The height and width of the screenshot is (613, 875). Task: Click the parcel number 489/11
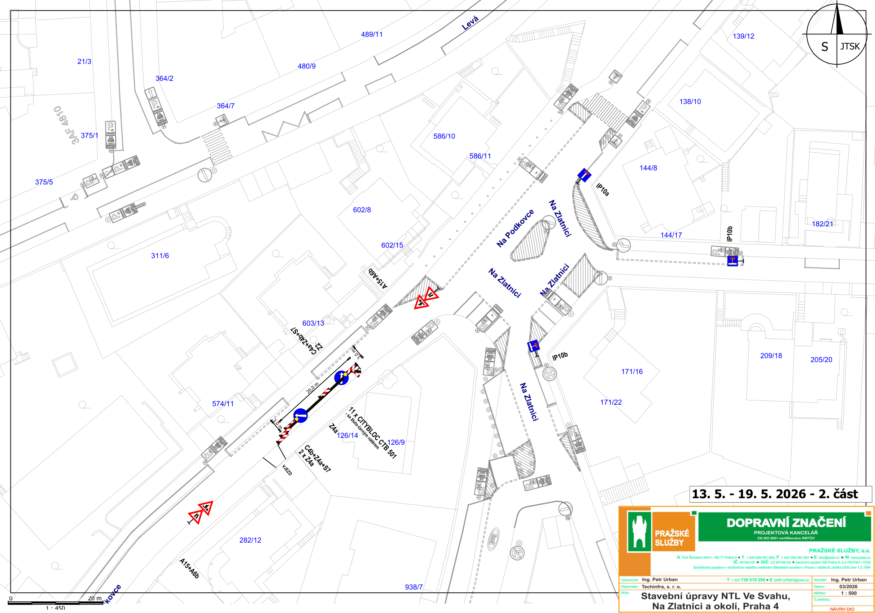(372, 34)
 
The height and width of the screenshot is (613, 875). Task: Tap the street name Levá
(470, 23)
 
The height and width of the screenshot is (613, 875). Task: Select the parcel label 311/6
(160, 256)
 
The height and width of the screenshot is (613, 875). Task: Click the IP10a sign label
(603, 190)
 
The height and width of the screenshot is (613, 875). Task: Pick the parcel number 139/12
(743, 36)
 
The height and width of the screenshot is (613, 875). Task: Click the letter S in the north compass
(824, 47)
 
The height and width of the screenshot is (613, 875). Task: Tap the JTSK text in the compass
(850, 46)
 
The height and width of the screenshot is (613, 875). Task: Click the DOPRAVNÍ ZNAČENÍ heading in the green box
(786, 522)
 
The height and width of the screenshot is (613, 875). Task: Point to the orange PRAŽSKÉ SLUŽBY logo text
(672, 538)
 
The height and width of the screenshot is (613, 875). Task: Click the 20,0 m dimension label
(312, 388)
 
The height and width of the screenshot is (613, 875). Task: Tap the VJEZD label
(287, 470)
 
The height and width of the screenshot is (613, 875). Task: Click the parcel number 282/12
(250, 540)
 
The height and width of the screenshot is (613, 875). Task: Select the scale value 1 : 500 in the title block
(848, 593)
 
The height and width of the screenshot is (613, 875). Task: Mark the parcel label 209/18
(771, 356)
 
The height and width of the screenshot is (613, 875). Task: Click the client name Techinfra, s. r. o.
(661, 587)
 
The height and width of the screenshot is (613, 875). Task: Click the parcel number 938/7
(414, 587)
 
